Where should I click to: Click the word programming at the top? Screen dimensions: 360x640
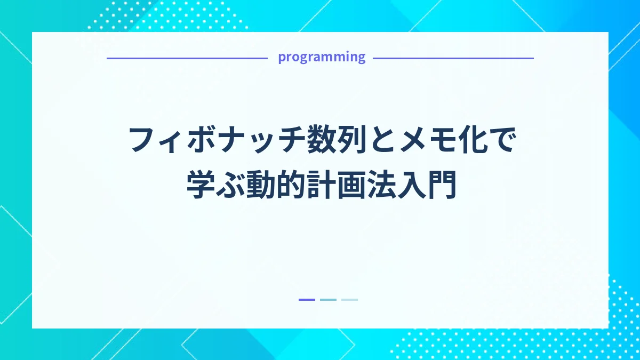click(322, 58)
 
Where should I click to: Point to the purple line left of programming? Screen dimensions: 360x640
click(187, 58)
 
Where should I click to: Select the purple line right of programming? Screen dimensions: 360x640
click(453, 58)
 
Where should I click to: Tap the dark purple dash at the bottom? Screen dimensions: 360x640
click(307, 300)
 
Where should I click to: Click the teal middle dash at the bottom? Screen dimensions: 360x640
click(328, 300)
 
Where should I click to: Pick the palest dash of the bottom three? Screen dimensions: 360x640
click(349, 300)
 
